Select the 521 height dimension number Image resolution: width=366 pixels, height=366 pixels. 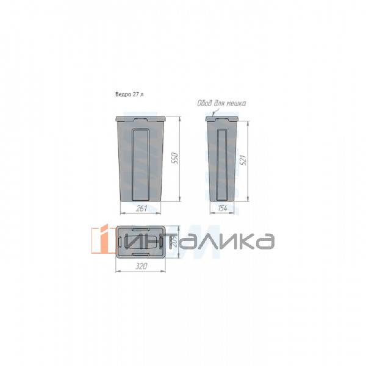pyautogui.click(x=243, y=160)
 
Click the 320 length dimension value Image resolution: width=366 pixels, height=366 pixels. pyautogui.click(x=142, y=267)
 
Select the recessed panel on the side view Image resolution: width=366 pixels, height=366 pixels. pyautogui.click(x=221, y=163)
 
